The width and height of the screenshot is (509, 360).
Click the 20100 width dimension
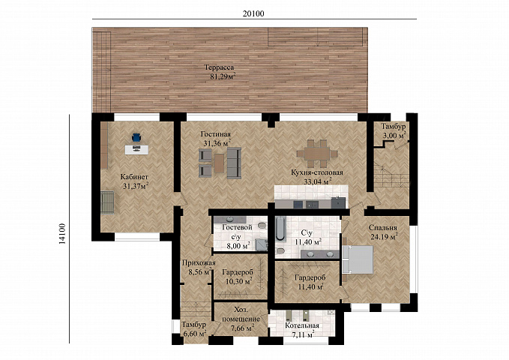coord(253,13)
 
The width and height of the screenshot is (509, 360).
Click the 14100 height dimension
coord(62,233)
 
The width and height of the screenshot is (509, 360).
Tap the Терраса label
coord(219,67)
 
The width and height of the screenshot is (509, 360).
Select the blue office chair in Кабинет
coord(136,138)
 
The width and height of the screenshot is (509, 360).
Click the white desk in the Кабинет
coord(136,149)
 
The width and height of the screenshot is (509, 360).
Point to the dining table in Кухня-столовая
coord(317,153)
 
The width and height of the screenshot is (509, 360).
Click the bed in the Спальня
coord(358,260)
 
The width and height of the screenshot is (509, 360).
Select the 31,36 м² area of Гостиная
coord(217,143)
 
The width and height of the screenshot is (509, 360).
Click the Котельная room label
coord(302,325)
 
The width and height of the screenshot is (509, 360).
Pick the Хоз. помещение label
coord(241,314)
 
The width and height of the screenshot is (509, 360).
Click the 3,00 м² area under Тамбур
coord(394,136)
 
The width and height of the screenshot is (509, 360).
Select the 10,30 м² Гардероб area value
coord(239,281)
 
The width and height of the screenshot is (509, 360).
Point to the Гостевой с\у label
coord(237,232)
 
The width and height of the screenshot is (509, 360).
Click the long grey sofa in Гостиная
coord(234,163)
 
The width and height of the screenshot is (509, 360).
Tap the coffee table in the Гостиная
coord(219,163)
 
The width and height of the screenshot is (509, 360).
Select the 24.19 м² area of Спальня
coord(384,237)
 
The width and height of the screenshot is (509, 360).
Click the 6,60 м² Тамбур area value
coord(195,333)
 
